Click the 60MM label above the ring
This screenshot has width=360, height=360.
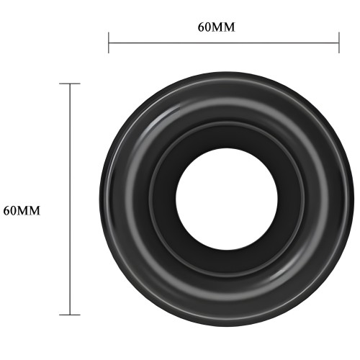(x=217, y=27)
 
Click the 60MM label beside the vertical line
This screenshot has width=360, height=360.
(x=22, y=210)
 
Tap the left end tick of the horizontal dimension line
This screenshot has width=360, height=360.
(x=109, y=42)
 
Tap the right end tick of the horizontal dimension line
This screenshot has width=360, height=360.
(x=338, y=42)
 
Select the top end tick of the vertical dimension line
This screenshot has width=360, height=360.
(x=70, y=84)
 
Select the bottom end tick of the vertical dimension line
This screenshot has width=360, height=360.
(x=70, y=314)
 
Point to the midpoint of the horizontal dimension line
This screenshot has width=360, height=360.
(x=223, y=42)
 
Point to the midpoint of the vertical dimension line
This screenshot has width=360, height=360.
(x=70, y=199)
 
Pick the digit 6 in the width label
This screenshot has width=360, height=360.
(x=202, y=27)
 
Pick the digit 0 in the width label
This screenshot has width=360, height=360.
(x=210, y=27)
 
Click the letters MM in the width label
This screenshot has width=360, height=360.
(x=225, y=27)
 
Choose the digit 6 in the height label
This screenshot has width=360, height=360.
(x=7, y=210)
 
